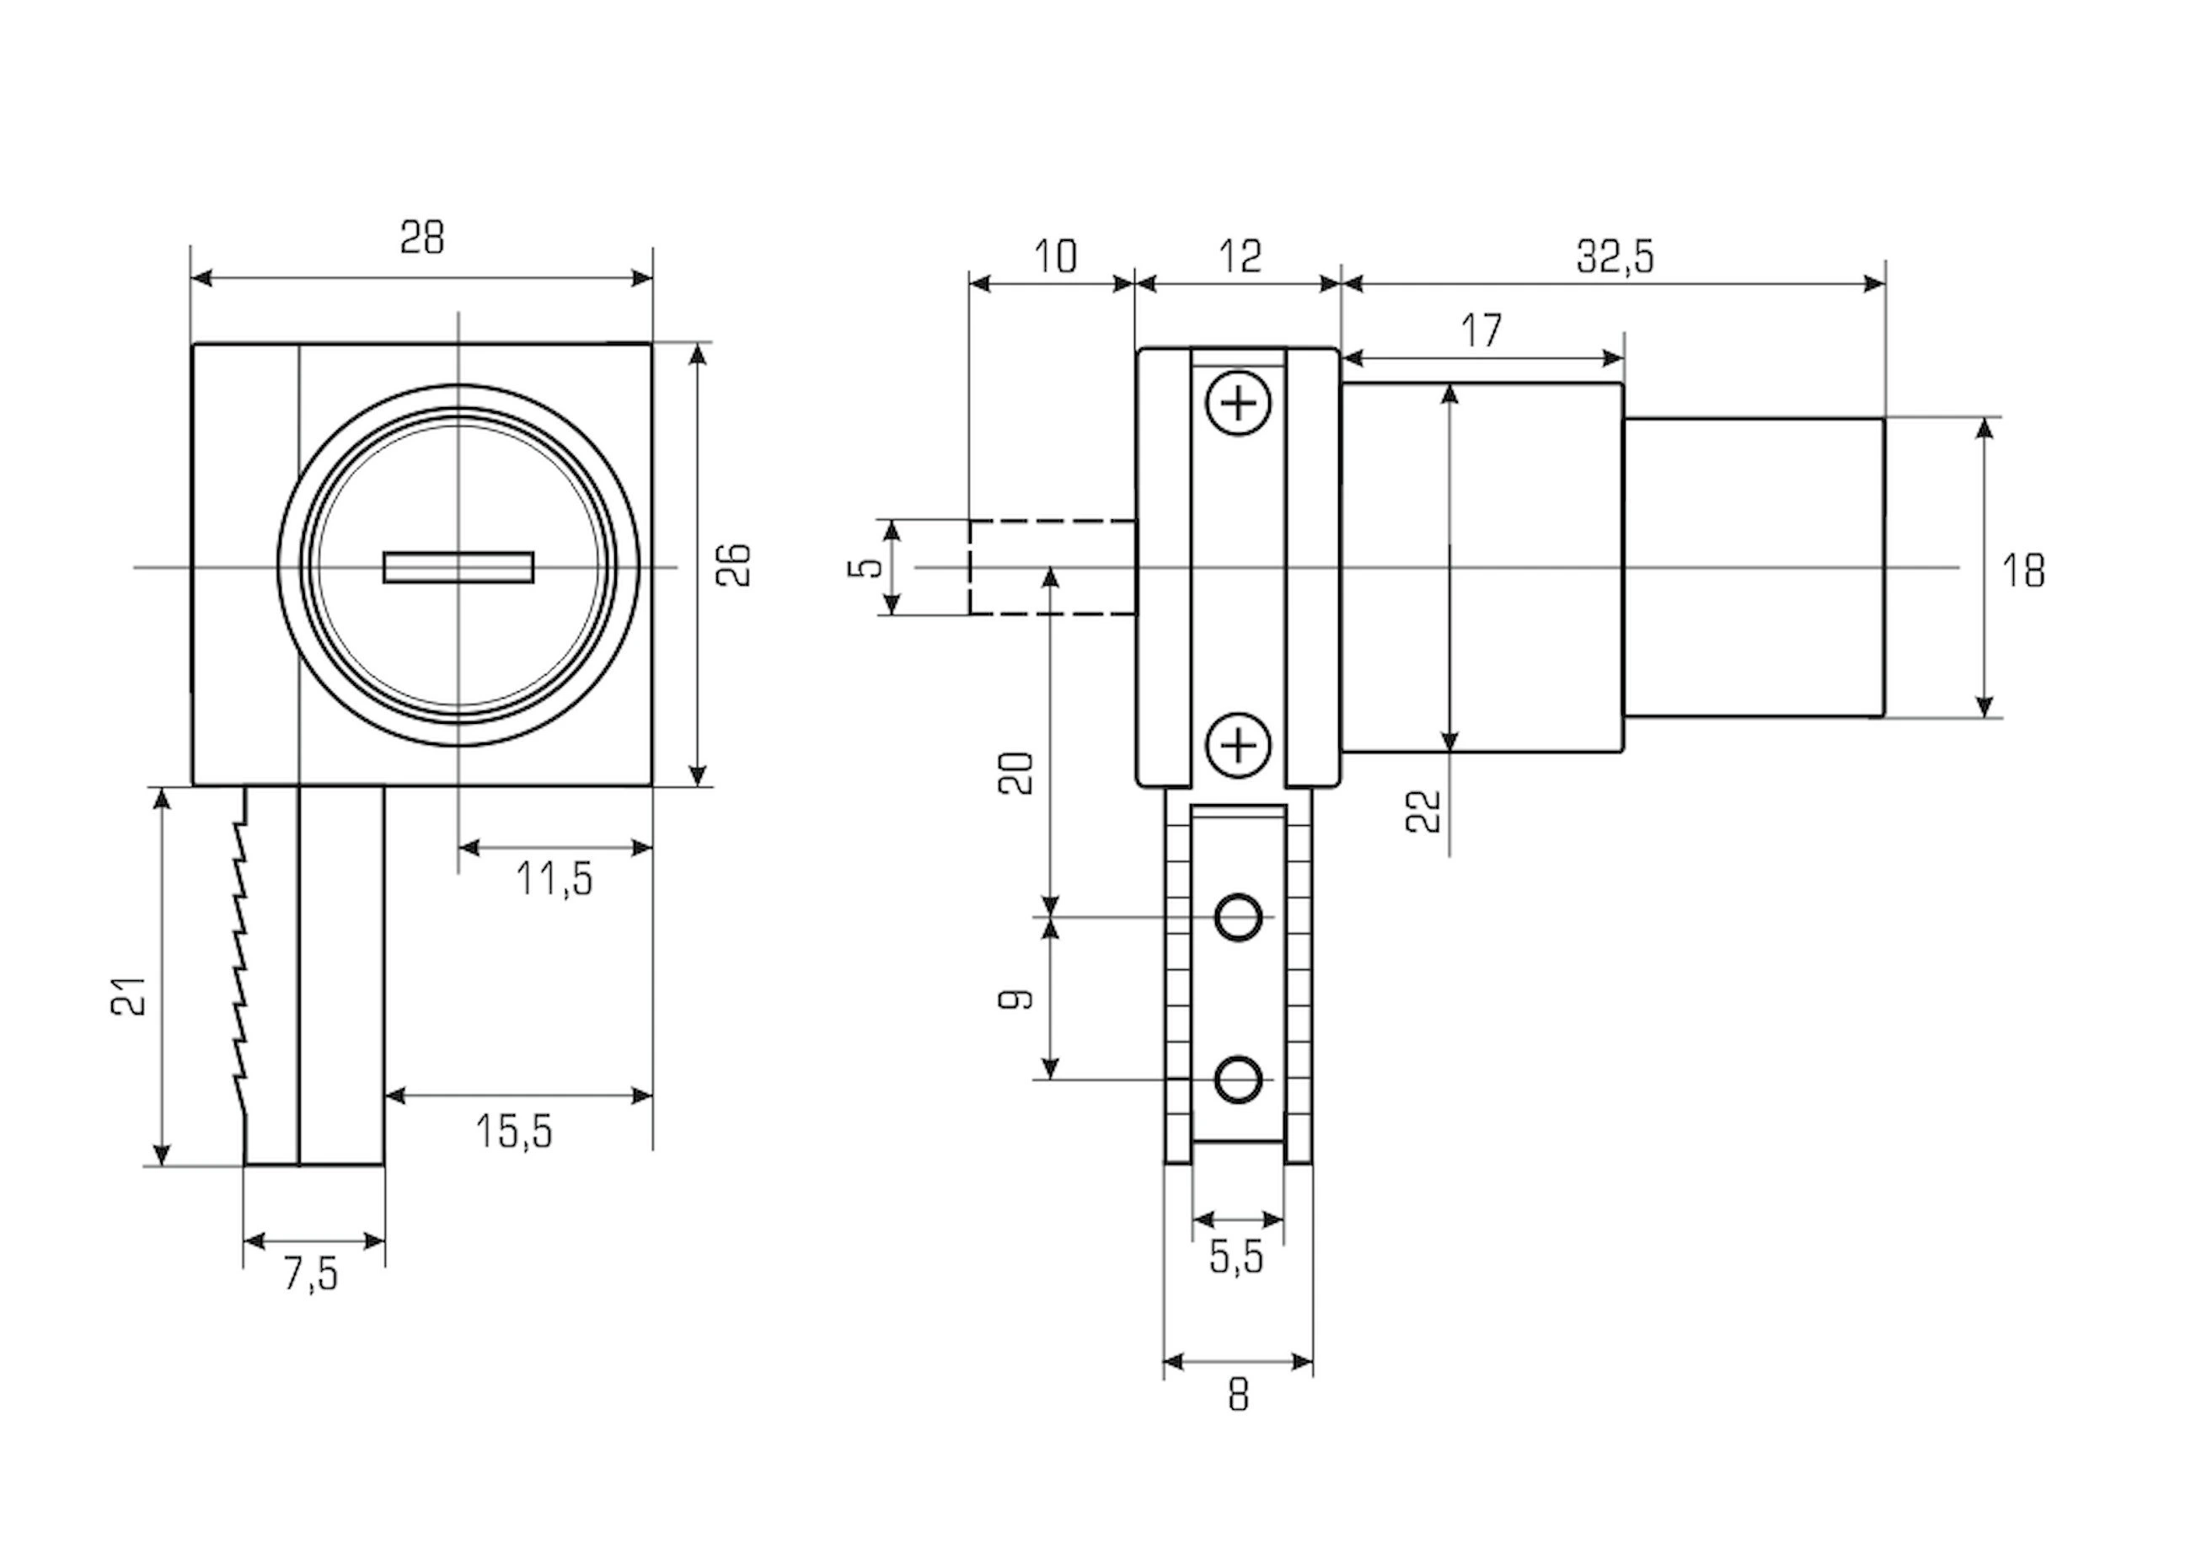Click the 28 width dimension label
pos(422,237)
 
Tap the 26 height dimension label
pos(734,565)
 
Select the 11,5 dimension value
pos(554,879)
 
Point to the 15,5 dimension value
pos(514,1132)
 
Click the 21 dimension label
pos(130,996)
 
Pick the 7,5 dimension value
pos(311,1274)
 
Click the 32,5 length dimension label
pos(1615,257)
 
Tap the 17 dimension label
pos(1482,331)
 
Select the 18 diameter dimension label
pos(2023,571)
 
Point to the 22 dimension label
pos(1424,812)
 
